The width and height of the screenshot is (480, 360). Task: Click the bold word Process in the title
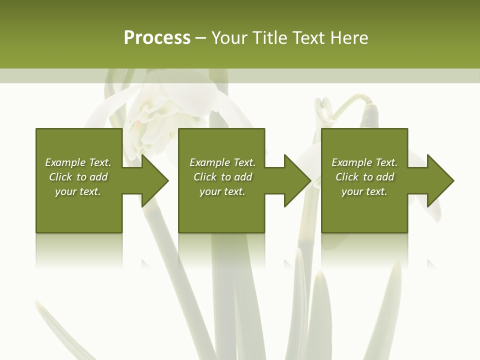157,38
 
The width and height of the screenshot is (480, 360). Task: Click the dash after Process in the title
201,39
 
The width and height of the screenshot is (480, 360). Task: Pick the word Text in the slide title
309,38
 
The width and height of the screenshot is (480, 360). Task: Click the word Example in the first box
65,162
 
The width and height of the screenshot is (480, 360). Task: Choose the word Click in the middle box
204,177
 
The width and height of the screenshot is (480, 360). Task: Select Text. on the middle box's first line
244,162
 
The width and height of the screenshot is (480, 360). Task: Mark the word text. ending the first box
90,191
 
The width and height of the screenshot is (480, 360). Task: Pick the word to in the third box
368,177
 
